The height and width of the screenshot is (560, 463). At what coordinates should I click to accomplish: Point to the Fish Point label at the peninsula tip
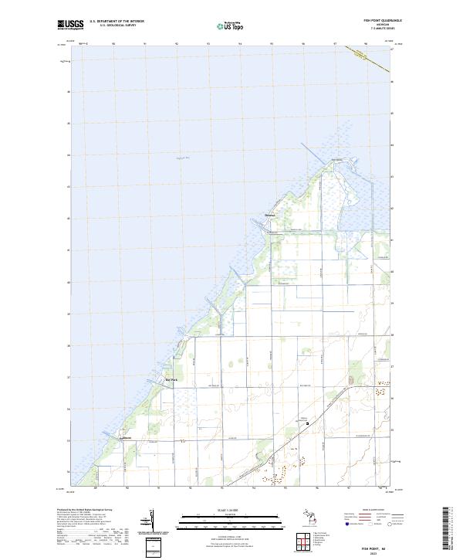(336, 160)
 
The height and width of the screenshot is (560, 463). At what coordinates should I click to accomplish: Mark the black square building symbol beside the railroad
(307, 423)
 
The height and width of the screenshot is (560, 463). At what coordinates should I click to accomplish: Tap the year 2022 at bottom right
(374, 552)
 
